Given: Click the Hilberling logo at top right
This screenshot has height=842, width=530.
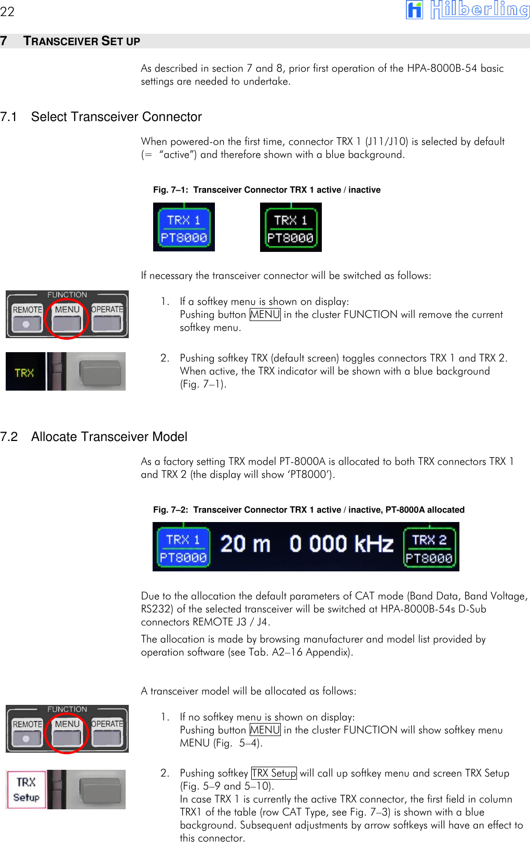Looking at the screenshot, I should (x=467, y=10).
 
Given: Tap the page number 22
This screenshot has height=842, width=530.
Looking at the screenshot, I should (x=7, y=11).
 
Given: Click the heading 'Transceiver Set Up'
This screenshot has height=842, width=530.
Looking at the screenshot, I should (x=81, y=41).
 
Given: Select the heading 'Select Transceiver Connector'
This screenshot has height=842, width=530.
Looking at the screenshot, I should (x=116, y=117).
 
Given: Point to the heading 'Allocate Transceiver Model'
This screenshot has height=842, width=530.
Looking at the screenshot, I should (x=109, y=437).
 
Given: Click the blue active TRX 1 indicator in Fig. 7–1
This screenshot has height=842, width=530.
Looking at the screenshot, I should (x=184, y=228).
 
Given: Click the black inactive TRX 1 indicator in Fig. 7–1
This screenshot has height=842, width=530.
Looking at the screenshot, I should (x=291, y=228).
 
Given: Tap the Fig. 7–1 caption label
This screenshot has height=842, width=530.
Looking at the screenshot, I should (x=266, y=190).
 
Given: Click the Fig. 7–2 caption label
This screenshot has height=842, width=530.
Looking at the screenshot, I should (x=308, y=510).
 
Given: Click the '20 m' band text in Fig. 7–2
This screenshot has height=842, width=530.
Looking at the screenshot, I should (x=245, y=544).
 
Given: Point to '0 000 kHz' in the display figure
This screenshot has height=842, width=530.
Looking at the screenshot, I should (x=341, y=544).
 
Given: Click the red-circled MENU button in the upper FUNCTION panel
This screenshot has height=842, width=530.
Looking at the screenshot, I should (x=67, y=316).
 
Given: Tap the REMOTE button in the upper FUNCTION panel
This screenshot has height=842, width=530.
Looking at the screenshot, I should (x=27, y=316).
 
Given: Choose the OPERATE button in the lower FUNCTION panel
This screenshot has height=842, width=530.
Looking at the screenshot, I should (x=107, y=731).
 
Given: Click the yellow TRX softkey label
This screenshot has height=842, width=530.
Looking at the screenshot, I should (x=24, y=372).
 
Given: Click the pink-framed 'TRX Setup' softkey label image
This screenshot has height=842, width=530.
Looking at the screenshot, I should (x=26, y=790).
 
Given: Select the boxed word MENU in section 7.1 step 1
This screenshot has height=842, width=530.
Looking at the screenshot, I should (x=265, y=315).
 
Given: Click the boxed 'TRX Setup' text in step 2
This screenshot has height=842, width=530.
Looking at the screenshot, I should (x=274, y=773).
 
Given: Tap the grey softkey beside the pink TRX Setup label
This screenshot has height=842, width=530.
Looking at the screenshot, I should (x=102, y=790).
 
